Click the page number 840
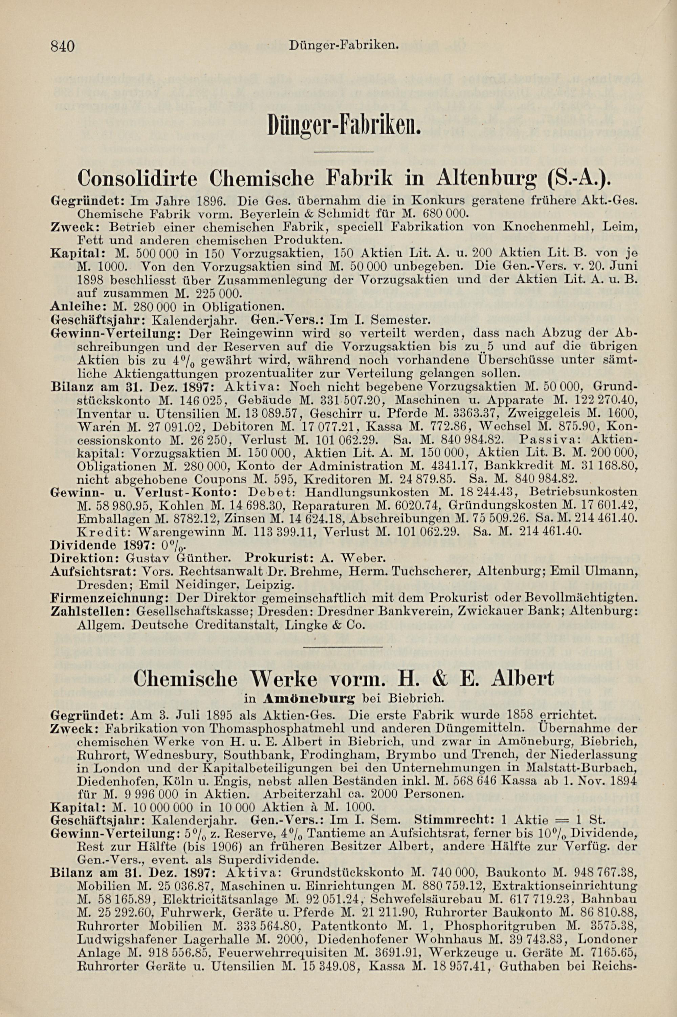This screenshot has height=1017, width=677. pyautogui.click(x=63, y=45)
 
